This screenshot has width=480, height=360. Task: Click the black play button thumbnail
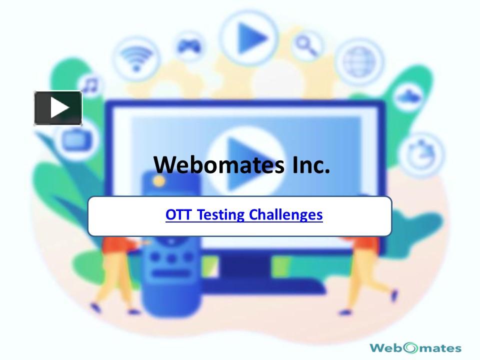click(58, 107)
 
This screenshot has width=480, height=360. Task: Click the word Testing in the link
click(221, 215)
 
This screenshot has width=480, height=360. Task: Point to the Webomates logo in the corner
click(415, 347)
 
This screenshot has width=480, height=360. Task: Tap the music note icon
click(90, 85)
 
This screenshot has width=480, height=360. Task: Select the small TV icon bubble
click(75, 139)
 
